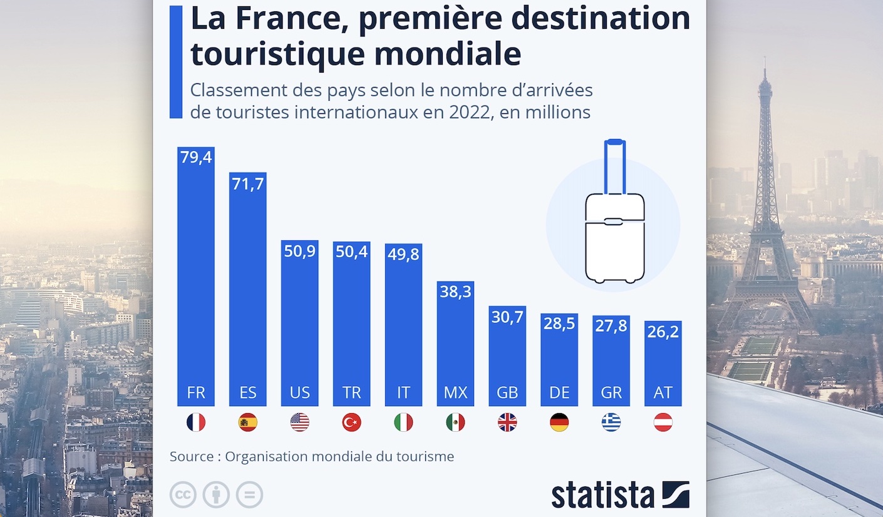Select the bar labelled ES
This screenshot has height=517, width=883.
click(248, 288)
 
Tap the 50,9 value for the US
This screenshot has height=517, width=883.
click(299, 251)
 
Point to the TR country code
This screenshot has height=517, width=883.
click(351, 392)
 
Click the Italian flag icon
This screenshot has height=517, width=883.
click(403, 423)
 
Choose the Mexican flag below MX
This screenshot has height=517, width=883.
click(455, 423)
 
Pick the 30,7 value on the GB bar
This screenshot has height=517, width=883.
click(507, 317)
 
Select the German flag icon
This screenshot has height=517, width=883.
click(559, 423)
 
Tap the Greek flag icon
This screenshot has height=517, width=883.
click(611, 423)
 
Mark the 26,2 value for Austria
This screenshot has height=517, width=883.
click(663, 332)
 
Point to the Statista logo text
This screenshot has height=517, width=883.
click(602, 495)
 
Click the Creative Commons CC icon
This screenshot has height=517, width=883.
click(183, 495)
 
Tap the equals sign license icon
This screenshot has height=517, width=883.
click(249, 495)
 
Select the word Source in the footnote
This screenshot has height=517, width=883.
click(192, 457)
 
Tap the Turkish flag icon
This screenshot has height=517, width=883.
click(351, 423)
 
